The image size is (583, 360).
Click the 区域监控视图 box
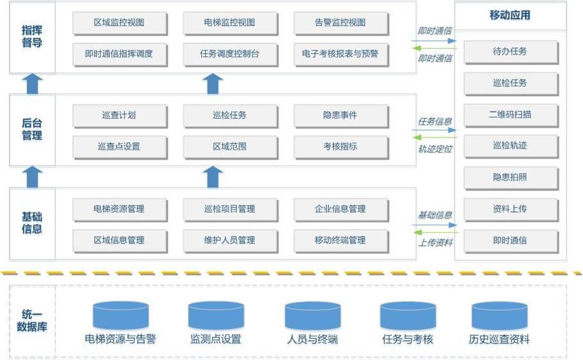[120, 23]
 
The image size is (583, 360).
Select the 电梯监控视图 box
[229, 23]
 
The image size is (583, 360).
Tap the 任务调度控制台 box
[229, 54]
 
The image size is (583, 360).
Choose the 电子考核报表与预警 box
[341, 54]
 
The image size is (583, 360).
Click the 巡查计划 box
[120, 116]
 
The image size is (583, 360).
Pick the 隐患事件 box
[341, 116]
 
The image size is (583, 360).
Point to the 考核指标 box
[341, 146]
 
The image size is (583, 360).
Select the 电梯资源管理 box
[120, 209]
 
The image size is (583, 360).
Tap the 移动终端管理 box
[341, 240]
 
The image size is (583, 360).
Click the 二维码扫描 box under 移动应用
[510, 115]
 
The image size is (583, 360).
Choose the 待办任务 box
[510, 52]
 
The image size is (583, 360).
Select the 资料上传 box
[510, 209]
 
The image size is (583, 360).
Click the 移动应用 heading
[510, 15]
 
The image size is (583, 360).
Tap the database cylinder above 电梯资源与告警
[120, 315]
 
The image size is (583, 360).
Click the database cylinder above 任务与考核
[408, 315]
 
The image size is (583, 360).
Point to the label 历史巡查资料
[499, 340]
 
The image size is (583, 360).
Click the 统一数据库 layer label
[32, 320]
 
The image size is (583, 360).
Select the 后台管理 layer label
[32, 129]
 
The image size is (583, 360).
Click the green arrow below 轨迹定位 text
[435, 137]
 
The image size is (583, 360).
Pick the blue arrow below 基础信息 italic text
[435, 225]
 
